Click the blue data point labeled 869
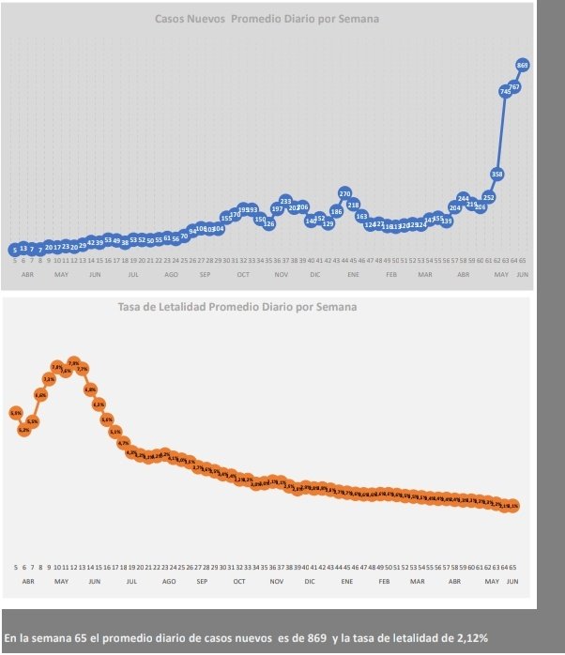point(523,65)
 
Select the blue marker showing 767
point(514,86)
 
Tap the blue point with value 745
point(506,91)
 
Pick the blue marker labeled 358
point(497,174)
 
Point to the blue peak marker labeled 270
point(344,193)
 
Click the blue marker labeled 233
point(285,201)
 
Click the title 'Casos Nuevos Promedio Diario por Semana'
point(267,19)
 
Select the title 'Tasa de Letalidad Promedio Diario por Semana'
point(237,307)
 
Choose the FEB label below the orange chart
point(384,582)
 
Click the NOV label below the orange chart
point(276,582)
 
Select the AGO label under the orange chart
point(169,582)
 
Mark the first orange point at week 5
point(16,413)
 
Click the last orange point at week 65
point(514,506)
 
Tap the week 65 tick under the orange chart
point(514,568)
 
